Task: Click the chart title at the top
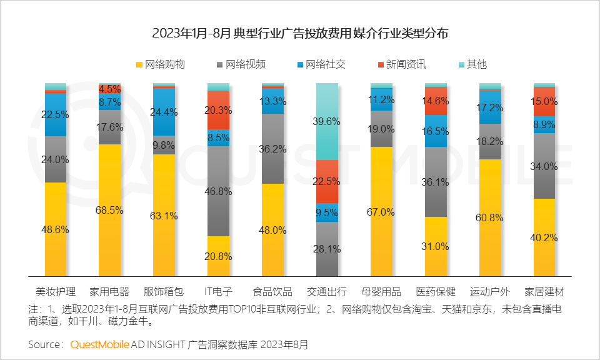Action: [x=300, y=33]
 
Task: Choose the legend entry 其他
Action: [x=471, y=64]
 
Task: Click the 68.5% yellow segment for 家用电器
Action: [x=110, y=210]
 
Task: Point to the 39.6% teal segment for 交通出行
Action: [x=327, y=121]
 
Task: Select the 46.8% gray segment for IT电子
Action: [x=218, y=191]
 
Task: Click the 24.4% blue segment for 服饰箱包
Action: [x=164, y=112]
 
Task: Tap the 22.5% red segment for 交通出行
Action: [x=327, y=181]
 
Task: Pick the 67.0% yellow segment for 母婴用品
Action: [x=381, y=212]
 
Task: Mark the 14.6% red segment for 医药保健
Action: [x=436, y=101]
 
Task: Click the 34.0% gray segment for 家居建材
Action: [x=544, y=166]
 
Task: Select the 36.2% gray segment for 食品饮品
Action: [x=272, y=149]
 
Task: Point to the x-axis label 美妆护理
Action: [x=56, y=291]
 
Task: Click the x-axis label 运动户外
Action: [x=490, y=291]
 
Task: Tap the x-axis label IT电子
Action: [x=218, y=291]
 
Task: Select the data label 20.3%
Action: [x=218, y=110]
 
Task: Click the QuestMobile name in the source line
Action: [x=100, y=344]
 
